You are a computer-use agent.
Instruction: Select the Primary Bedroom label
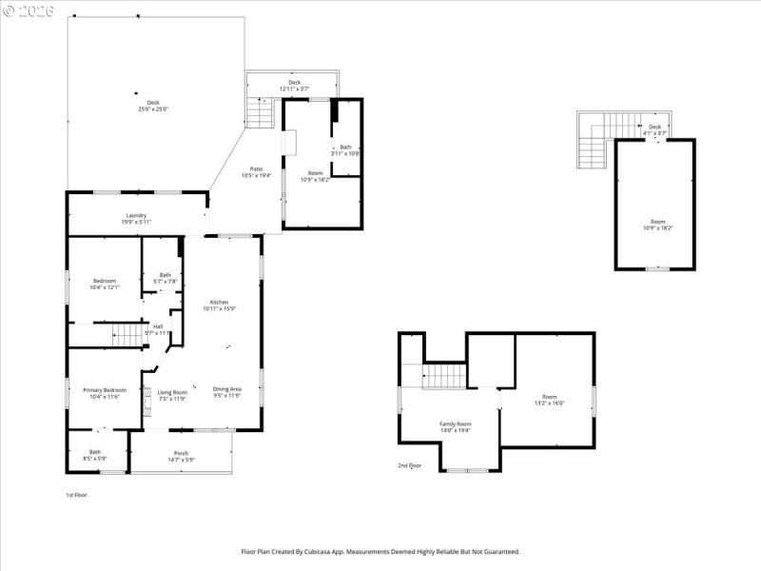(x=105, y=390)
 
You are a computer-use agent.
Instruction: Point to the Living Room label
(x=172, y=392)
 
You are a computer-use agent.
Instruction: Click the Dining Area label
(x=226, y=390)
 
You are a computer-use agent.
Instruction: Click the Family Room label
(x=455, y=423)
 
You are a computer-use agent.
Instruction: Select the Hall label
(x=158, y=326)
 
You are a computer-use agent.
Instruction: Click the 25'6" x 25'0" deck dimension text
(x=153, y=109)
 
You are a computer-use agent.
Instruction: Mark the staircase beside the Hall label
(x=127, y=333)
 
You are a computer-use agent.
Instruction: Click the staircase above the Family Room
(x=443, y=376)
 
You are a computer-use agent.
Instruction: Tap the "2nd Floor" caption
(x=409, y=465)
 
